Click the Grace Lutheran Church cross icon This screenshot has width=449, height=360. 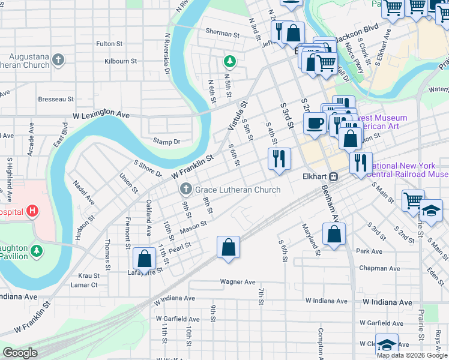pyautogui.click(x=186, y=190)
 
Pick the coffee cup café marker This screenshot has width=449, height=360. pyautogui.click(x=315, y=124)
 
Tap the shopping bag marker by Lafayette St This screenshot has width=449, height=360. pyautogui.click(x=145, y=259)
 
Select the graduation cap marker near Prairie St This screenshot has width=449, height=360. pyautogui.click(x=430, y=210)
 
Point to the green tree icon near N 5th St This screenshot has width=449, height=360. pyautogui.click(x=229, y=61)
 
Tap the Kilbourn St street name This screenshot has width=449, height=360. pyautogui.click(x=121, y=61)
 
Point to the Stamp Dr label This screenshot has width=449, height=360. pyautogui.click(x=166, y=142)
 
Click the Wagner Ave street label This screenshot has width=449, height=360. pyautogui.click(x=238, y=281)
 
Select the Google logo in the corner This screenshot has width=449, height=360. pyautogui.click(x=20, y=352)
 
